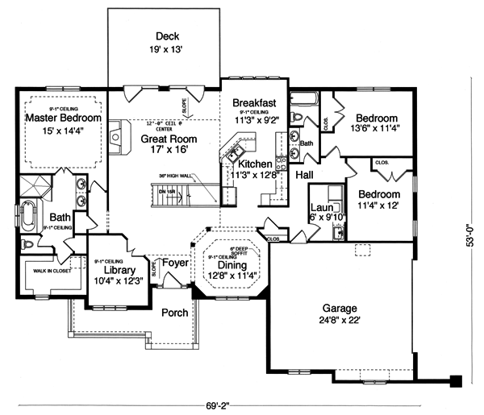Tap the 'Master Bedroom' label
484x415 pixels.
pyautogui.click(x=62, y=118)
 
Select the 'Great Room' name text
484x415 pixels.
pyautogui.click(x=165, y=139)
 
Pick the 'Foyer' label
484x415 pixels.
pyautogui.click(x=175, y=262)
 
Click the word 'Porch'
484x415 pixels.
pyautogui.click(x=174, y=313)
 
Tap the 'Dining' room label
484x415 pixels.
pyautogui.click(x=232, y=264)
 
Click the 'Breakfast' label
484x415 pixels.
pyautogui.click(x=255, y=102)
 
